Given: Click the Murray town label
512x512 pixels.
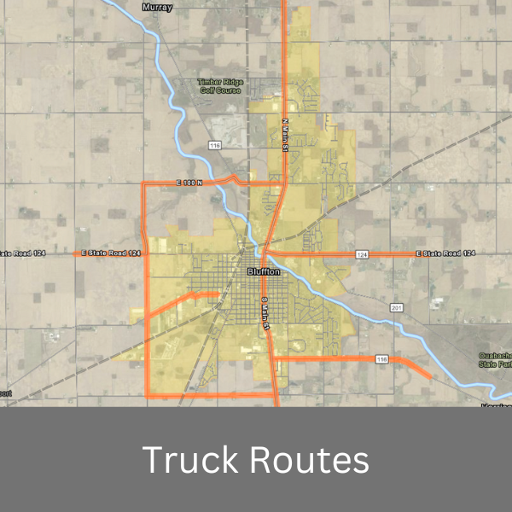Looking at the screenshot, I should click(158, 8).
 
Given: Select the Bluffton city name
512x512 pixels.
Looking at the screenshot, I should click(263, 271).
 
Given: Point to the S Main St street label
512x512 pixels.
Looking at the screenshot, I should click(265, 311).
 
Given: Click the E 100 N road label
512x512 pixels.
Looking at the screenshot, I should click(189, 183).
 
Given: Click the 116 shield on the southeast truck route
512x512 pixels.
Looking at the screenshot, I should click(382, 360).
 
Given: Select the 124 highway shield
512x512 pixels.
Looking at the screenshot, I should click(362, 254).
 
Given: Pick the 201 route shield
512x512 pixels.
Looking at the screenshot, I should click(395, 307).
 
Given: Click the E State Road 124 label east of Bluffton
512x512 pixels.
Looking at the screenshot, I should click(445, 254).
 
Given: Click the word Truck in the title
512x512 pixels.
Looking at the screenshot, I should click(189, 460).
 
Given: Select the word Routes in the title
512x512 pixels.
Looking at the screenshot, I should click(310, 460).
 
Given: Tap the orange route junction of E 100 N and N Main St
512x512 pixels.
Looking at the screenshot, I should click(283, 183).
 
